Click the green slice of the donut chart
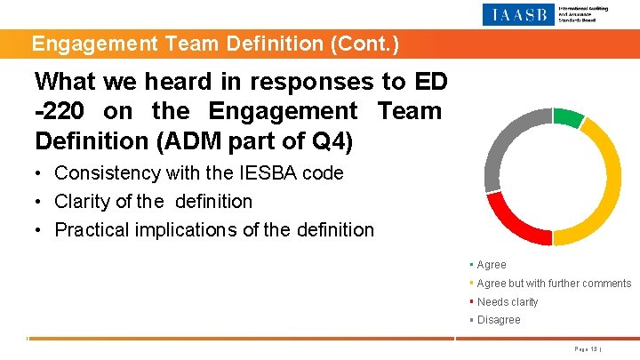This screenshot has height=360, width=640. click(x=568, y=116)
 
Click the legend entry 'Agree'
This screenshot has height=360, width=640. click(x=491, y=265)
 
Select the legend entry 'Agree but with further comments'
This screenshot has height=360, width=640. click(x=553, y=284)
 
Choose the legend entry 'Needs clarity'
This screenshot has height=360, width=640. click(x=507, y=302)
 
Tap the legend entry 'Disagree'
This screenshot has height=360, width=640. click(x=498, y=320)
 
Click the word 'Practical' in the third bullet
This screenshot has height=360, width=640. click(x=93, y=230)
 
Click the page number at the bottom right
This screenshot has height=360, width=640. click(x=588, y=349)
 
